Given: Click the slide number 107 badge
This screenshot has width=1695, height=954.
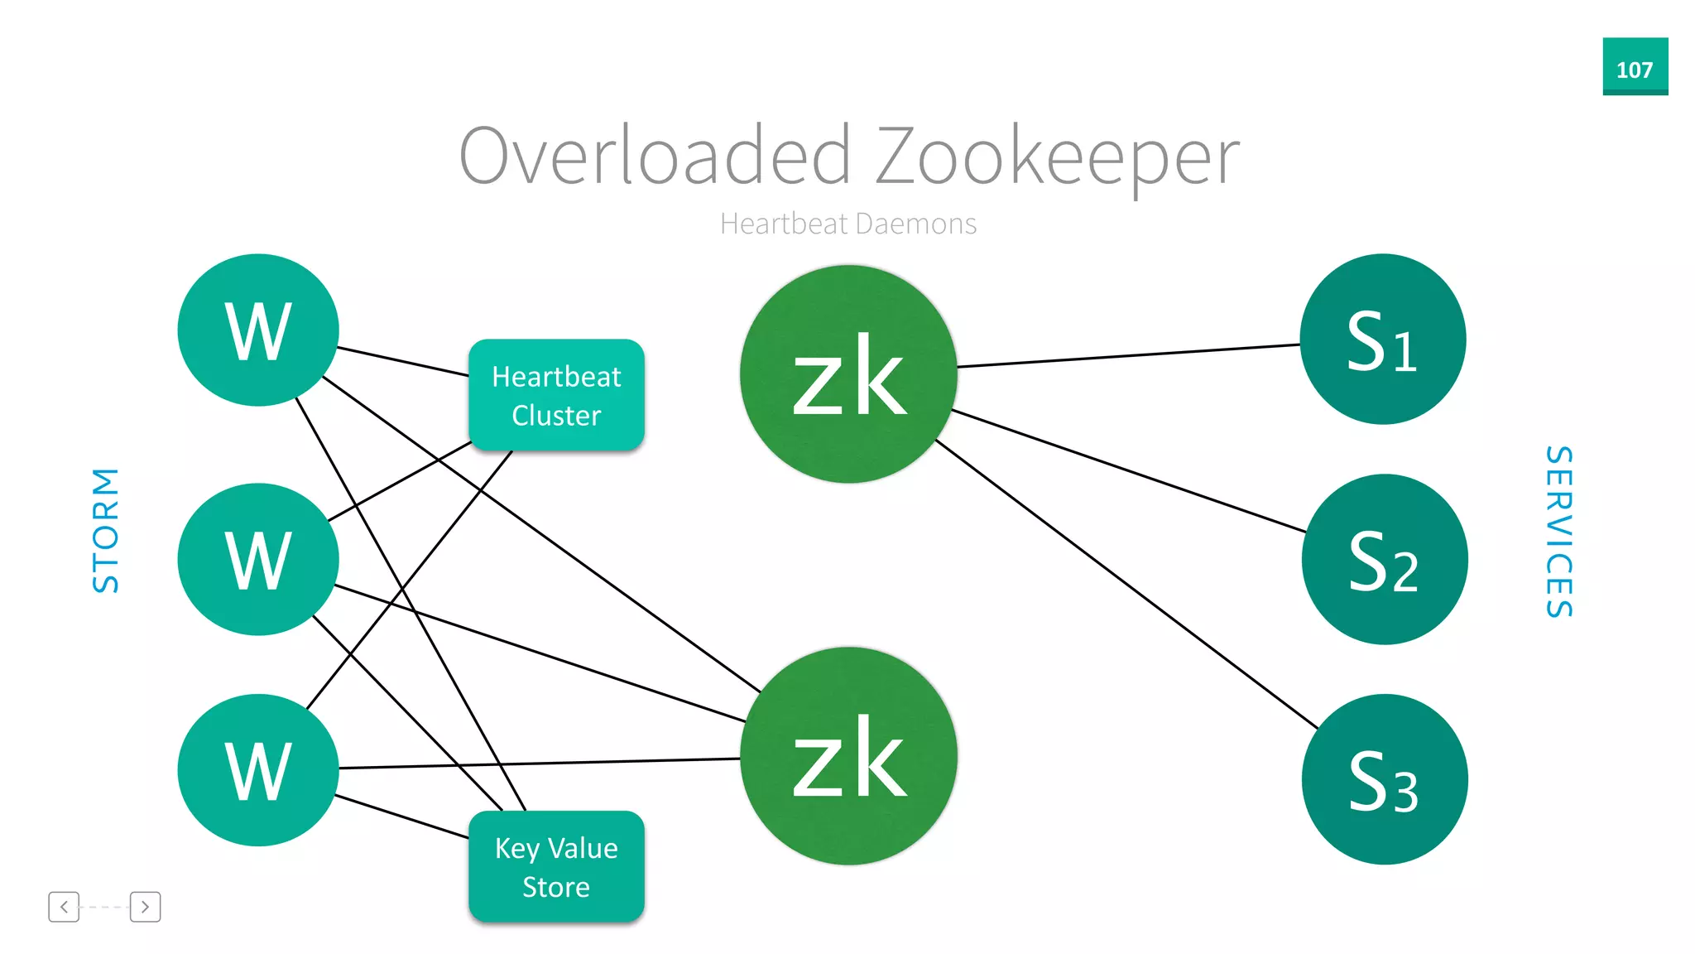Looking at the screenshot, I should [1635, 67].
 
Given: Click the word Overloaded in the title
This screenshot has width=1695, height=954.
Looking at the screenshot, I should [654, 156].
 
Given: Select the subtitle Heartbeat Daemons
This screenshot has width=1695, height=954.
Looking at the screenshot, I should [847, 224].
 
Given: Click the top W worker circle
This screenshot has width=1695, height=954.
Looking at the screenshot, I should [258, 330].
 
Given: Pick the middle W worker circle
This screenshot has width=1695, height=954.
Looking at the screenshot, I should [258, 559].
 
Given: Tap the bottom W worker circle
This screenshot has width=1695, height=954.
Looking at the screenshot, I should [258, 770].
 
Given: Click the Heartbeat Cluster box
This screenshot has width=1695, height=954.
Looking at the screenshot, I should [556, 395].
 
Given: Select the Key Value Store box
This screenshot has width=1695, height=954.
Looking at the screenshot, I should [556, 866].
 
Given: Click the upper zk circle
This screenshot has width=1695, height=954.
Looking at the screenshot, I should [848, 373].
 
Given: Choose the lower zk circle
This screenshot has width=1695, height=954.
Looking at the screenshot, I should [848, 755].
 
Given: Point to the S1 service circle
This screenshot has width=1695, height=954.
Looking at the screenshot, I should [1382, 340].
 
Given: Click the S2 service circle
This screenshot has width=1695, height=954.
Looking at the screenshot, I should [1384, 559].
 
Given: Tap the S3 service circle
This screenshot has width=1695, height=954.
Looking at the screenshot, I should [1384, 779].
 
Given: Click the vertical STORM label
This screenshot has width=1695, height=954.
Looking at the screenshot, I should [106, 530].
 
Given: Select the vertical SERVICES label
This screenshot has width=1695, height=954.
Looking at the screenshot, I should [1559, 532].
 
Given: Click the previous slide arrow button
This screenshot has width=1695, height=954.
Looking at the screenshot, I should [64, 907].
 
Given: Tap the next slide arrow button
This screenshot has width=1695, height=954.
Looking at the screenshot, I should [145, 907].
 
